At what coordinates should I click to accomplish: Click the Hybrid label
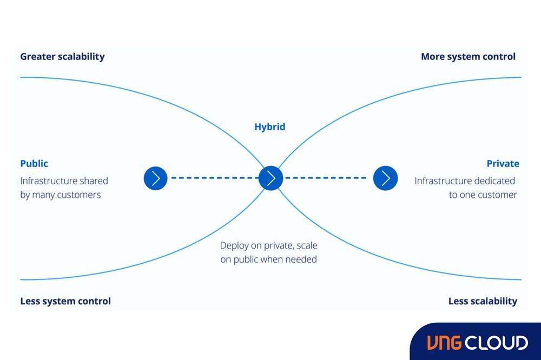pyautogui.click(x=269, y=127)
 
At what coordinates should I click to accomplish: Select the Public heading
pyautogui.click(x=34, y=163)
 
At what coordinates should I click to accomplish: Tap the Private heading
pyautogui.click(x=503, y=163)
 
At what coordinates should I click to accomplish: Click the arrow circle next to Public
pyautogui.click(x=156, y=178)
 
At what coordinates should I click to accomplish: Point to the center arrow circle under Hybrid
pyautogui.click(x=270, y=178)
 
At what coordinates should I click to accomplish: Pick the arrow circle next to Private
pyautogui.click(x=386, y=178)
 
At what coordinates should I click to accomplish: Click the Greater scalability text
pyautogui.click(x=62, y=56)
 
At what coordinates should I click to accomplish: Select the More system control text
pyautogui.click(x=468, y=56)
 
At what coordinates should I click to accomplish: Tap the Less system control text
pyautogui.click(x=65, y=301)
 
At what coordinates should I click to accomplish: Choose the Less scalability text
pyautogui.click(x=483, y=301)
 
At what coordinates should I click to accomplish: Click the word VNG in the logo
pyautogui.click(x=445, y=342)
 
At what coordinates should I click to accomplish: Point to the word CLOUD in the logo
pyautogui.click(x=497, y=342)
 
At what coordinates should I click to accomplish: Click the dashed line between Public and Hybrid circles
pyautogui.click(x=213, y=178)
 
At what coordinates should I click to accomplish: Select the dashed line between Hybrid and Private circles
pyautogui.click(x=328, y=178)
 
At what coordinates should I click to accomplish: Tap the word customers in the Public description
pyautogui.click(x=81, y=195)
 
